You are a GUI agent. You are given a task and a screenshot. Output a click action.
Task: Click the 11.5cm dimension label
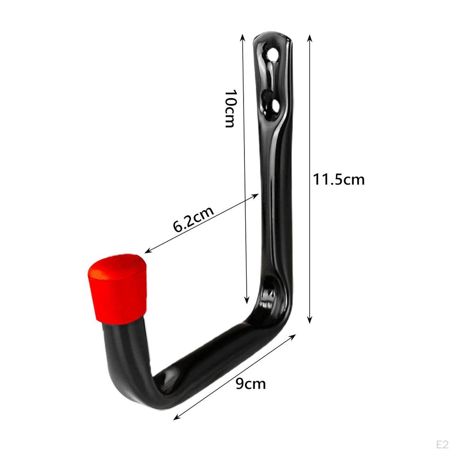tap(339, 180)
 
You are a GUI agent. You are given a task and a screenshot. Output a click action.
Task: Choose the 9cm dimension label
tap(251, 384)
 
